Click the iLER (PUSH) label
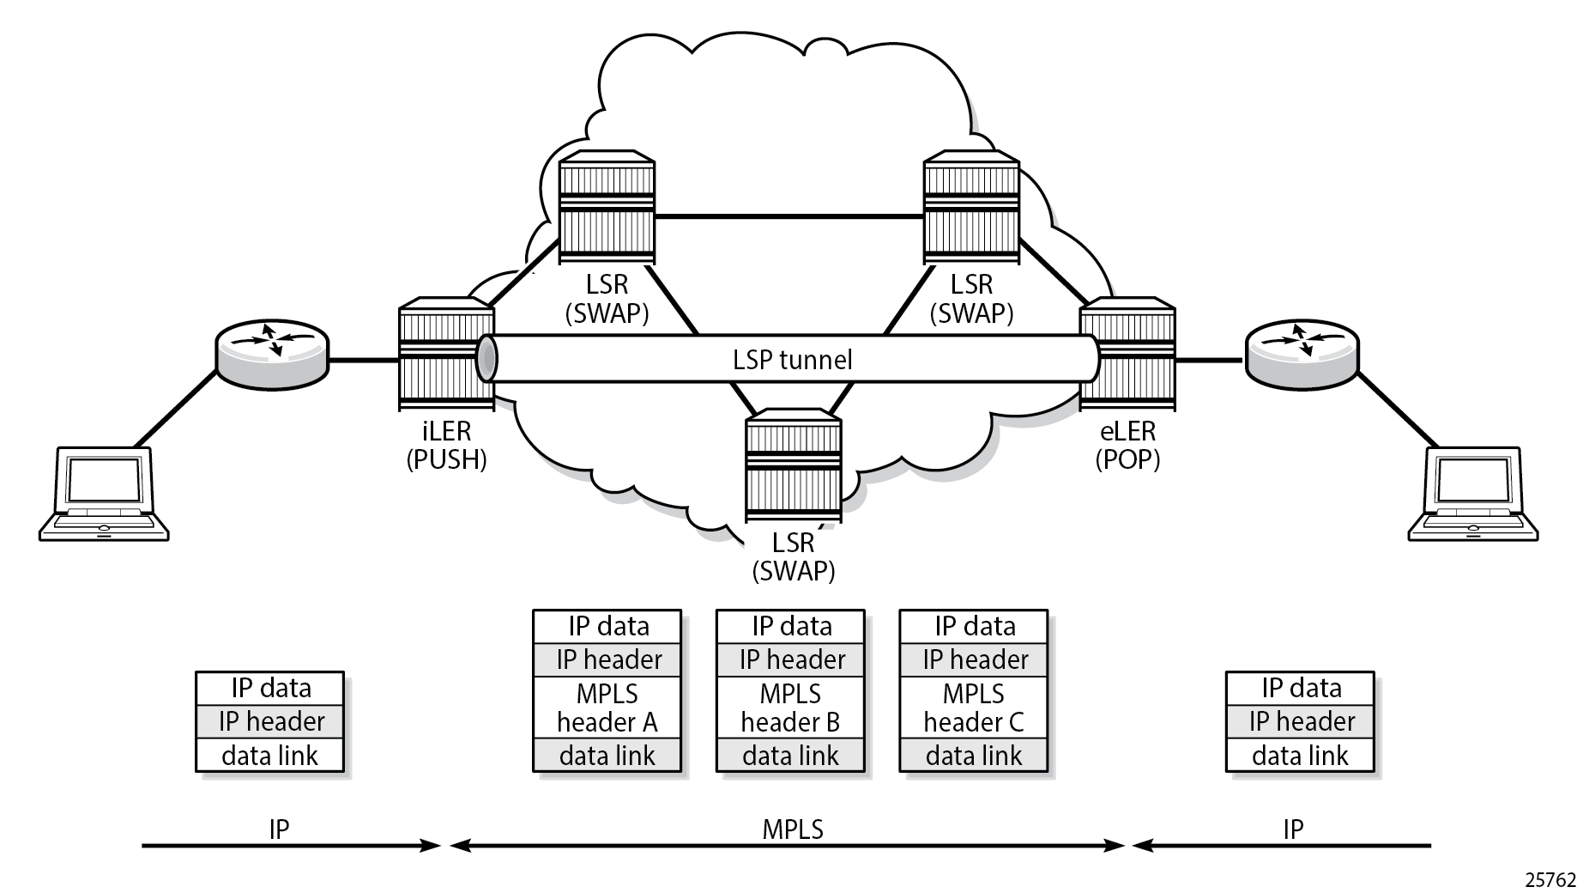[x=446, y=445]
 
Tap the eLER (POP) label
[x=1127, y=445]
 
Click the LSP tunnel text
[x=792, y=359]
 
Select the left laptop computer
[x=104, y=493]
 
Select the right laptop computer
[x=1472, y=493]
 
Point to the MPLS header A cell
[x=607, y=708]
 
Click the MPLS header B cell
[x=790, y=708]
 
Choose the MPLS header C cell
[x=974, y=708]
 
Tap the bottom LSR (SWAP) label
[x=793, y=556]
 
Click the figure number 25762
[x=1550, y=879]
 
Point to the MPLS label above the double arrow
[x=793, y=829]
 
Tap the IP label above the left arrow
[x=279, y=829]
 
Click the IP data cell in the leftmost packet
[x=270, y=688]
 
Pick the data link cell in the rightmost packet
[x=1300, y=756]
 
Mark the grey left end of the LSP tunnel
[x=486, y=359]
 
